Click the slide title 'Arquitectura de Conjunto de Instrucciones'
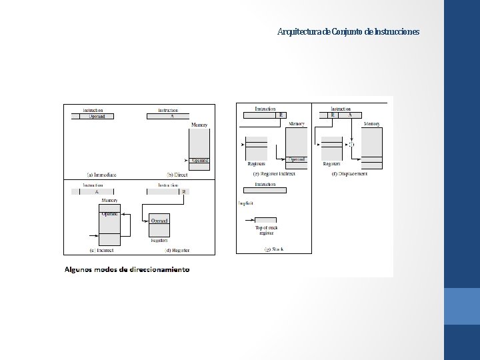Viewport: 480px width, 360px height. [x=348, y=32]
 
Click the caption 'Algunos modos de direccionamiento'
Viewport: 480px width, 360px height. [x=127, y=270]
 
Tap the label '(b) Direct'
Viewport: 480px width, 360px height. [x=175, y=175]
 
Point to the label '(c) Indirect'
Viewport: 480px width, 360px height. [x=101, y=250]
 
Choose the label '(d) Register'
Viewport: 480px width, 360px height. [x=176, y=250]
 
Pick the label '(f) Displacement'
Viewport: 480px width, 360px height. [x=349, y=173]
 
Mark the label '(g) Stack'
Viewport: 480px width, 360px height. [x=273, y=249]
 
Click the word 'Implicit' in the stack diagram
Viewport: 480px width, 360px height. [x=245, y=203]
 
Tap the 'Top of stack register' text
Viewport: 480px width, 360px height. [x=267, y=230]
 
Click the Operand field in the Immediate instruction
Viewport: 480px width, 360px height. [x=101, y=117]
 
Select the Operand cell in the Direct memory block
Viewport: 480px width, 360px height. [x=199, y=160]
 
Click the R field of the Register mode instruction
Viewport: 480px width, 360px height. [x=183, y=191]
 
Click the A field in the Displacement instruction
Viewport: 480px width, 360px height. [x=350, y=115]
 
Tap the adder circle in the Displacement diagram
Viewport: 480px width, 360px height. [x=351, y=143]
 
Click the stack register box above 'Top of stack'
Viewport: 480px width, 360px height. [x=267, y=219]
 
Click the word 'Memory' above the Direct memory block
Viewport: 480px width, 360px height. [x=199, y=125]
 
